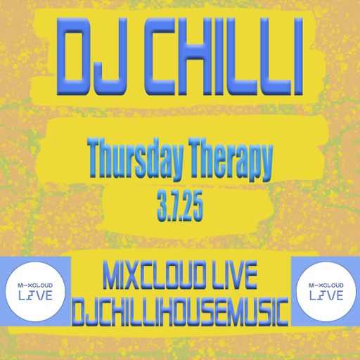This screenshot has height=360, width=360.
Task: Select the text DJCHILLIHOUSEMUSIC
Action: click(181, 308)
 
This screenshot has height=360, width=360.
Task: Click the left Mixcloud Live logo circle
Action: click(37, 288)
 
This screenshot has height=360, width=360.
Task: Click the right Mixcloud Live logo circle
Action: click(323, 288)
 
